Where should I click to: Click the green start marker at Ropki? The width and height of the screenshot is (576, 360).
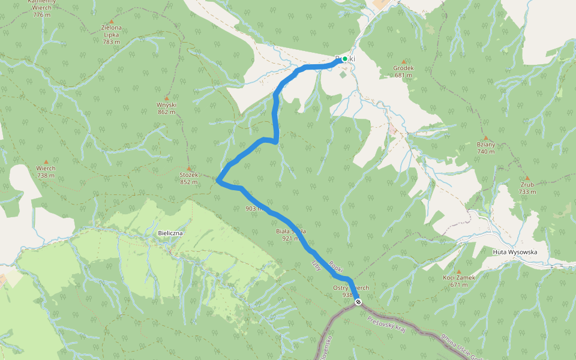(345, 59)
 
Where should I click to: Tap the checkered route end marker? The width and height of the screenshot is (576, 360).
(358, 302)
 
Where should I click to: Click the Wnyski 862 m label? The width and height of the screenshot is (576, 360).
(166, 108)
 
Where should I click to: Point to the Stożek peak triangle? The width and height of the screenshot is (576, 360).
(189, 168)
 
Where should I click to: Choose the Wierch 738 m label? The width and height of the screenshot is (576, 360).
(46, 172)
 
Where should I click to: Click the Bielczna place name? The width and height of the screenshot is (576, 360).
(170, 232)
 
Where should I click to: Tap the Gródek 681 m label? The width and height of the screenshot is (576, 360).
(403, 71)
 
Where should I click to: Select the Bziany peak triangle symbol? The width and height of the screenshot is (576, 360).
(486, 137)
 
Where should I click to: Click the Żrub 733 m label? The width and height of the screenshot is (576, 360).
(527, 188)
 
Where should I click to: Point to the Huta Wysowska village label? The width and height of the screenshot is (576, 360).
(514, 252)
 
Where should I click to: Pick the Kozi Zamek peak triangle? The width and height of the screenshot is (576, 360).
(458, 271)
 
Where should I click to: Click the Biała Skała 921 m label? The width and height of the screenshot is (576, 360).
(291, 235)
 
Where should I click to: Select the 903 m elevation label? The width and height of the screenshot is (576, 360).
(254, 209)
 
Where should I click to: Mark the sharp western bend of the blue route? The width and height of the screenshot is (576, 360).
(218, 179)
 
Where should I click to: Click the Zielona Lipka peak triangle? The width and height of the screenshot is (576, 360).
(111, 21)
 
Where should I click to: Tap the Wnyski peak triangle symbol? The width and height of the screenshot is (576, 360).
(167, 98)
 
